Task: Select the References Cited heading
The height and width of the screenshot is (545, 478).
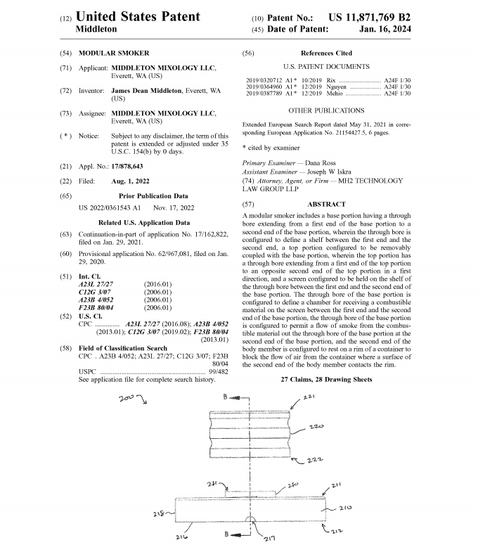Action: click(x=326, y=53)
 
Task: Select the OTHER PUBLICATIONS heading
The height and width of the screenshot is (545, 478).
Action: click(x=326, y=110)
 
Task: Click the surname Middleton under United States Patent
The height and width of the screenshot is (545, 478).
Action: click(x=96, y=30)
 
